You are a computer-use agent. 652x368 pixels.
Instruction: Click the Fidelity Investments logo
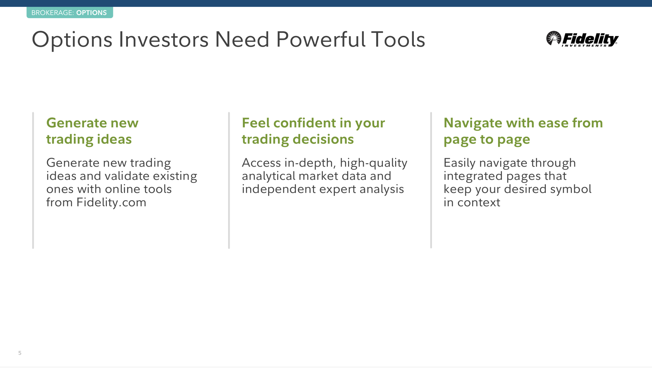(582, 39)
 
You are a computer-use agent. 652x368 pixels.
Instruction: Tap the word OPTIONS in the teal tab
(91, 13)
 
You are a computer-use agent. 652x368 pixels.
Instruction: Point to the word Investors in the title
(164, 39)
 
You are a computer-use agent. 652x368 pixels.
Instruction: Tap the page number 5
(20, 353)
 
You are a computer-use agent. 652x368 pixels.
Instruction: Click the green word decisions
(323, 139)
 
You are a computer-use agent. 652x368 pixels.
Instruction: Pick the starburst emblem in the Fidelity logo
(553, 38)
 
